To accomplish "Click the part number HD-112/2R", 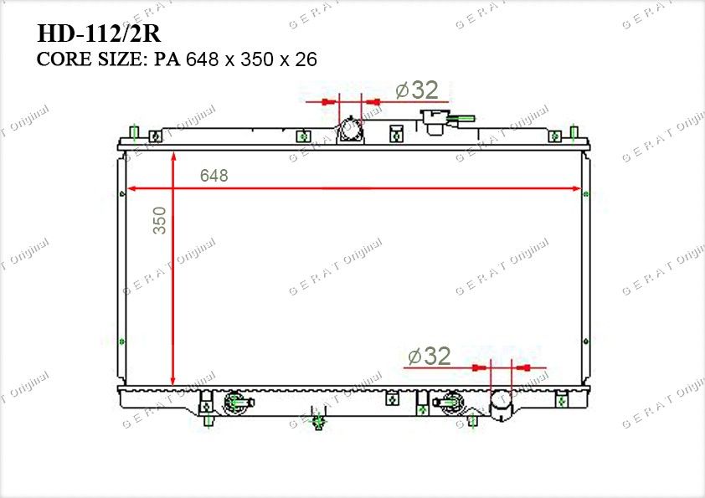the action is pos(99,33).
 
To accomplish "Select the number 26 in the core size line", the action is pos(306,59).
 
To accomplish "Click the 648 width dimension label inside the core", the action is pos(214,175).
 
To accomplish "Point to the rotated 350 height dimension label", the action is pos(160,220).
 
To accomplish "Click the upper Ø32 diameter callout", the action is pos(417,90).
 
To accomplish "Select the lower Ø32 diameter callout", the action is pos(429,356).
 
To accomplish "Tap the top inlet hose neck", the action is pos(350,130).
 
